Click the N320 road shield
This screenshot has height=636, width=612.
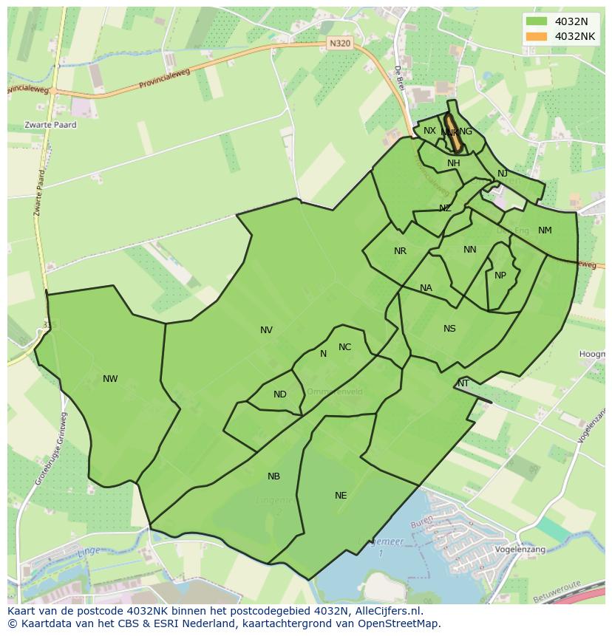339,44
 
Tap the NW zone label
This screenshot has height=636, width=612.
110,379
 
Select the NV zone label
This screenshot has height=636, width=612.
266,330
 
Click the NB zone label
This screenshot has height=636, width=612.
273,476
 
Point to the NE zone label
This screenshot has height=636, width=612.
341,496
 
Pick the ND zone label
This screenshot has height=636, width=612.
279,394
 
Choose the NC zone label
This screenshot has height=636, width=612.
344,347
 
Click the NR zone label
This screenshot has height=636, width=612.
400,251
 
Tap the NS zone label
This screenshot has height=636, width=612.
449,329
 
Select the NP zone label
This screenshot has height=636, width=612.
500,276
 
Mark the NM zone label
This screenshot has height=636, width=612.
545,230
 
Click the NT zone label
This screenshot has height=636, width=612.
463,383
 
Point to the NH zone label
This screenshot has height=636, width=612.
454,163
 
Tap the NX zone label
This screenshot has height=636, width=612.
429,131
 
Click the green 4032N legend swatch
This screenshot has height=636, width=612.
537,21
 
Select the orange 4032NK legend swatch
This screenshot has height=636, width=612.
537,36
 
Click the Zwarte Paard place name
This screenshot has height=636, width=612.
50,125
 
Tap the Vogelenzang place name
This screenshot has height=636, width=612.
520,550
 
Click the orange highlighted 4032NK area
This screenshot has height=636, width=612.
454,133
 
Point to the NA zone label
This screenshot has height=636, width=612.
426,288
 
